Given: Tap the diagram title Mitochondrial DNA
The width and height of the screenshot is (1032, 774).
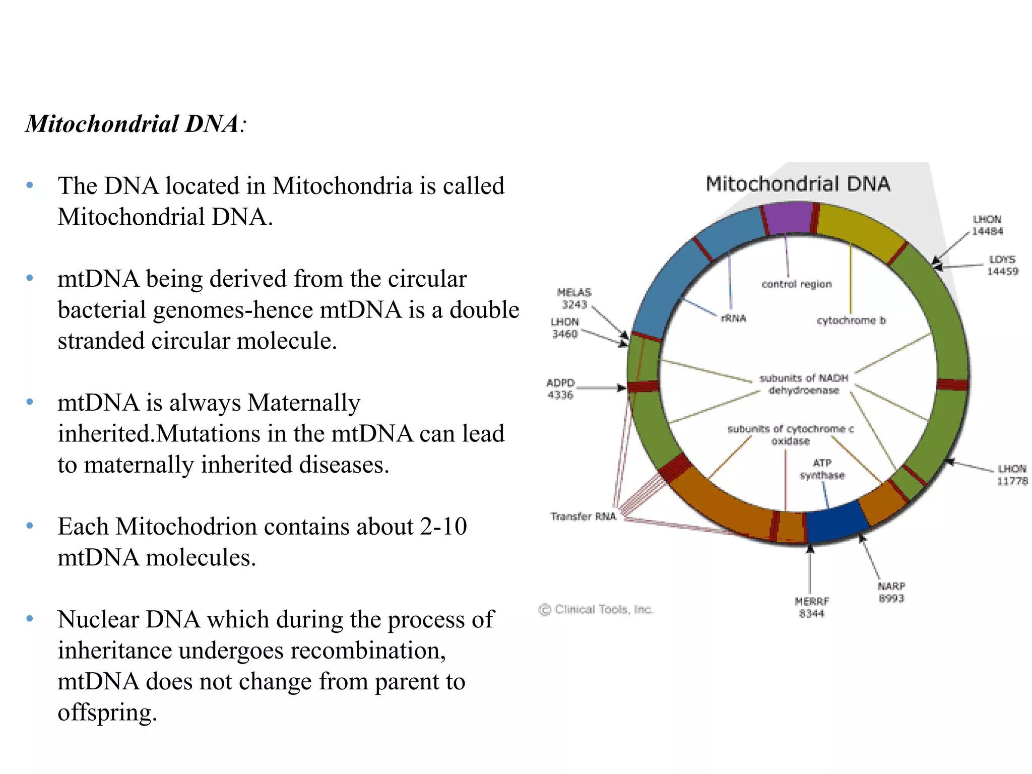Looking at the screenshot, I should (798, 184).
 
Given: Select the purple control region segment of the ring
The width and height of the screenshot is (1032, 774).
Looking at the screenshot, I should (788, 218).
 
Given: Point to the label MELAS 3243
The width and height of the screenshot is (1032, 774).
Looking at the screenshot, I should (574, 299).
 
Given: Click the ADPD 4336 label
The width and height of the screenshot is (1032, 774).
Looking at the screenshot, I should (560, 389).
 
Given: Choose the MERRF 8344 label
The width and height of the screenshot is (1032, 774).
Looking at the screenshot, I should (811, 607).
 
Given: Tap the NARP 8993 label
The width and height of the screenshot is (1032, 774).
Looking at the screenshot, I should (891, 593).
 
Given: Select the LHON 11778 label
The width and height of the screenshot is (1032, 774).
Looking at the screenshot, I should (1012, 475).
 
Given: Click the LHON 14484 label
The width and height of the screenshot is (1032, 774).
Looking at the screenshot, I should (987, 225).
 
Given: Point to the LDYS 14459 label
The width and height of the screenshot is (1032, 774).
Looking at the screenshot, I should (1002, 266).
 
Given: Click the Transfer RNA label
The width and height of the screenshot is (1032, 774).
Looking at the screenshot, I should (583, 517).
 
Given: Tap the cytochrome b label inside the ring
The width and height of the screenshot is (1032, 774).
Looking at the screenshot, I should (851, 320).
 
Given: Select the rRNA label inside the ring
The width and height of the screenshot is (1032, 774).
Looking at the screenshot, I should (733, 318).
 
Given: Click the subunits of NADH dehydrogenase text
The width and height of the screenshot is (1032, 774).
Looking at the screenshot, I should (804, 384).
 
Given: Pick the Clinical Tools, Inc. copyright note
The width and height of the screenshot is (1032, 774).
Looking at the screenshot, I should (596, 610).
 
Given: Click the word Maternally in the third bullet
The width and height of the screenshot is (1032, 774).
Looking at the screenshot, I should (304, 403).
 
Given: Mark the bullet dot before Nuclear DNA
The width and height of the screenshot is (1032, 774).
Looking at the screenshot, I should (30, 618).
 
